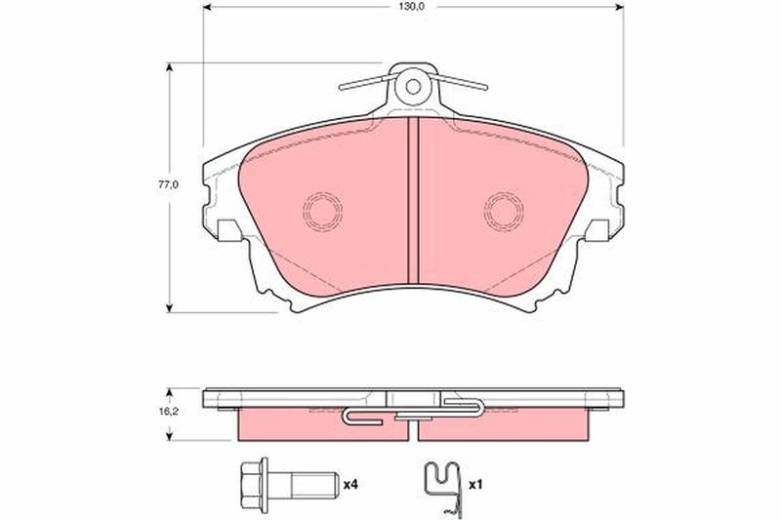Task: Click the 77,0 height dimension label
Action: coord(168,184)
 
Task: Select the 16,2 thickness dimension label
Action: coord(168,412)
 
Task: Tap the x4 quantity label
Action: coord(350,484)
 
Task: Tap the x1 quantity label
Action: coord(475,484)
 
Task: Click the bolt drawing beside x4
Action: coord(288,483)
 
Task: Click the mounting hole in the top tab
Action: coord(413,87)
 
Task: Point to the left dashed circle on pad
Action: coord(323,211)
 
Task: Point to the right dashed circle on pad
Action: coord(504,211)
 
